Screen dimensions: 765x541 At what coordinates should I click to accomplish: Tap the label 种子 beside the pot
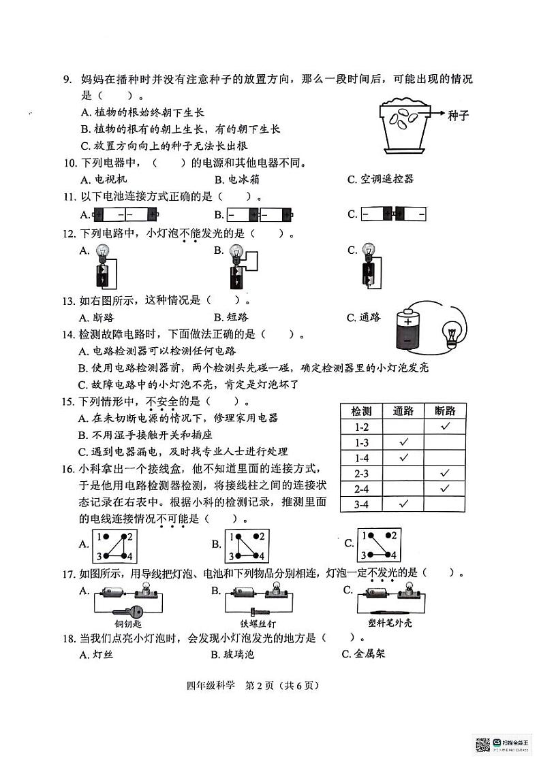458,115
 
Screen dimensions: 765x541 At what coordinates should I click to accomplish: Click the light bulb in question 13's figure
450,336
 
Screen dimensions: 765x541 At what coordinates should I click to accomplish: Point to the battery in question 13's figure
408,329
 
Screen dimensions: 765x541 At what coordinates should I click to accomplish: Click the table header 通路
403,410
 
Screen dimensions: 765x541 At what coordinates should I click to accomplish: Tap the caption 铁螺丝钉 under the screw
258,623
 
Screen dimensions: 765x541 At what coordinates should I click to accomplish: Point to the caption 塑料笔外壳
385,623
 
